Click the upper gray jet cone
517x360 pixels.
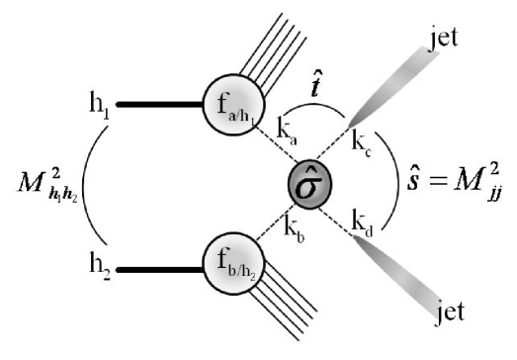395,88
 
